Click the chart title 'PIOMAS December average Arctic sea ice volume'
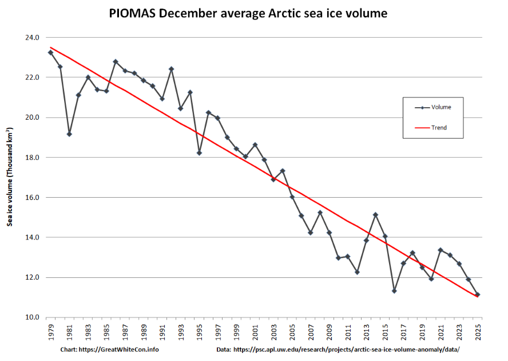248,13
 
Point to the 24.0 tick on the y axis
32,37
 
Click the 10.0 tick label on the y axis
32,317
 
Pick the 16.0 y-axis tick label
32,198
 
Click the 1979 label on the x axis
50,332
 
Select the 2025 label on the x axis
478,332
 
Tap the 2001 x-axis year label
255,332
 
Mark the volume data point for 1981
69,134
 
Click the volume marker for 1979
50,53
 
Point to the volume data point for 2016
394,291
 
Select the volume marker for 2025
478,295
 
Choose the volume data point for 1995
199,153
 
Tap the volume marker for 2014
375,215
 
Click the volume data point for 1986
116,61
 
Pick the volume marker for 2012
357,272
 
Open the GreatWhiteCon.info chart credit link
110,350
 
